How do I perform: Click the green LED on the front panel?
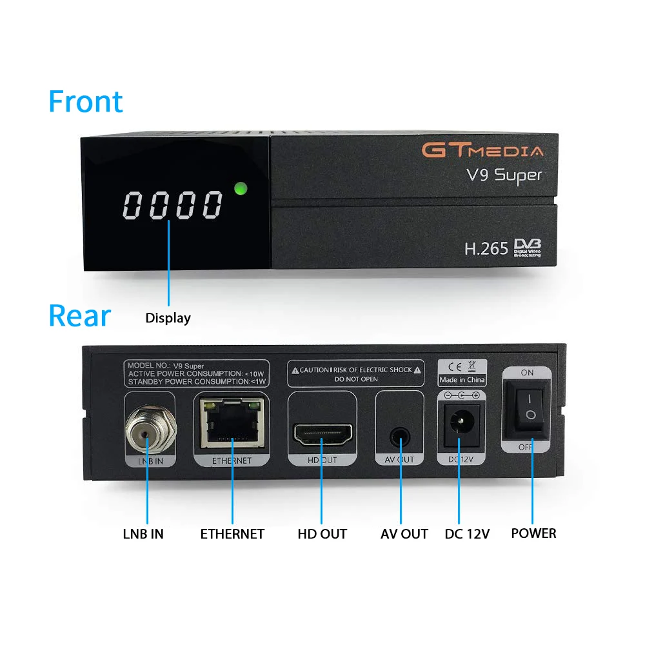[x=241, y=189]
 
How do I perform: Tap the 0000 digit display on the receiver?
[x=173, y=205]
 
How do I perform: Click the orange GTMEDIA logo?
[x=482, y=151]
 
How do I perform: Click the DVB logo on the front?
[x=527, y=247]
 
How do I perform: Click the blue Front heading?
[x=85, y=102]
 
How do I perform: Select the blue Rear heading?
[x=79, y=316]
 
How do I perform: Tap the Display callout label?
[x=168, y=318]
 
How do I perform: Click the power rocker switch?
[x=528, y=408]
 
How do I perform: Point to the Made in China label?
[x=462, y=380]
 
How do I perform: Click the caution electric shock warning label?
[x=356, y=373]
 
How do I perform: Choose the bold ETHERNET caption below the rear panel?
[x=232, y=534]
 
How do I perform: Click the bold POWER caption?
[x=533, y=533]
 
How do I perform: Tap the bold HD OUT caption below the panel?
[x=322, y=534]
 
